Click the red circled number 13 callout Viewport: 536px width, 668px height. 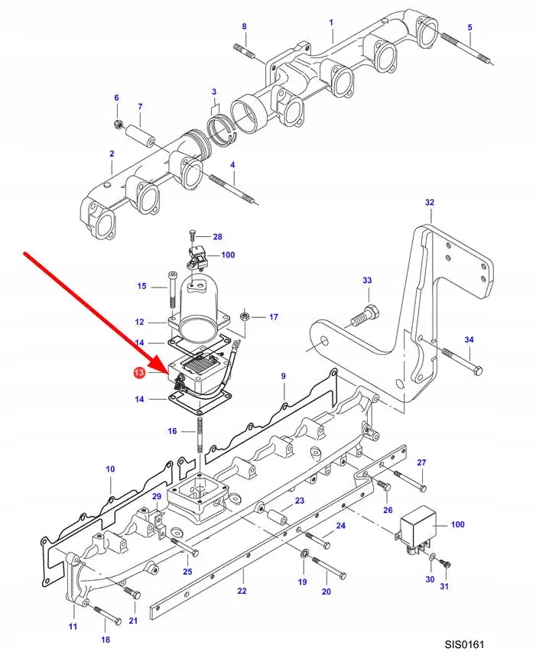(138, 373)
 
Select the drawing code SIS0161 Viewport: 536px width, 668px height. (464, 644)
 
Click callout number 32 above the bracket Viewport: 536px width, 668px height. (429, 203)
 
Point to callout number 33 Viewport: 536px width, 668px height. (366, 281)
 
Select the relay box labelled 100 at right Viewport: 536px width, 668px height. (417, 525)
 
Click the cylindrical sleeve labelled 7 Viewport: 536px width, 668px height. (143, 135)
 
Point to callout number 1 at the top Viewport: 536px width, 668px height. (331, 22)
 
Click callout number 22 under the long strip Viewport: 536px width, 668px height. (242, 592)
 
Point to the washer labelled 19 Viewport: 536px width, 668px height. (304, 552)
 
